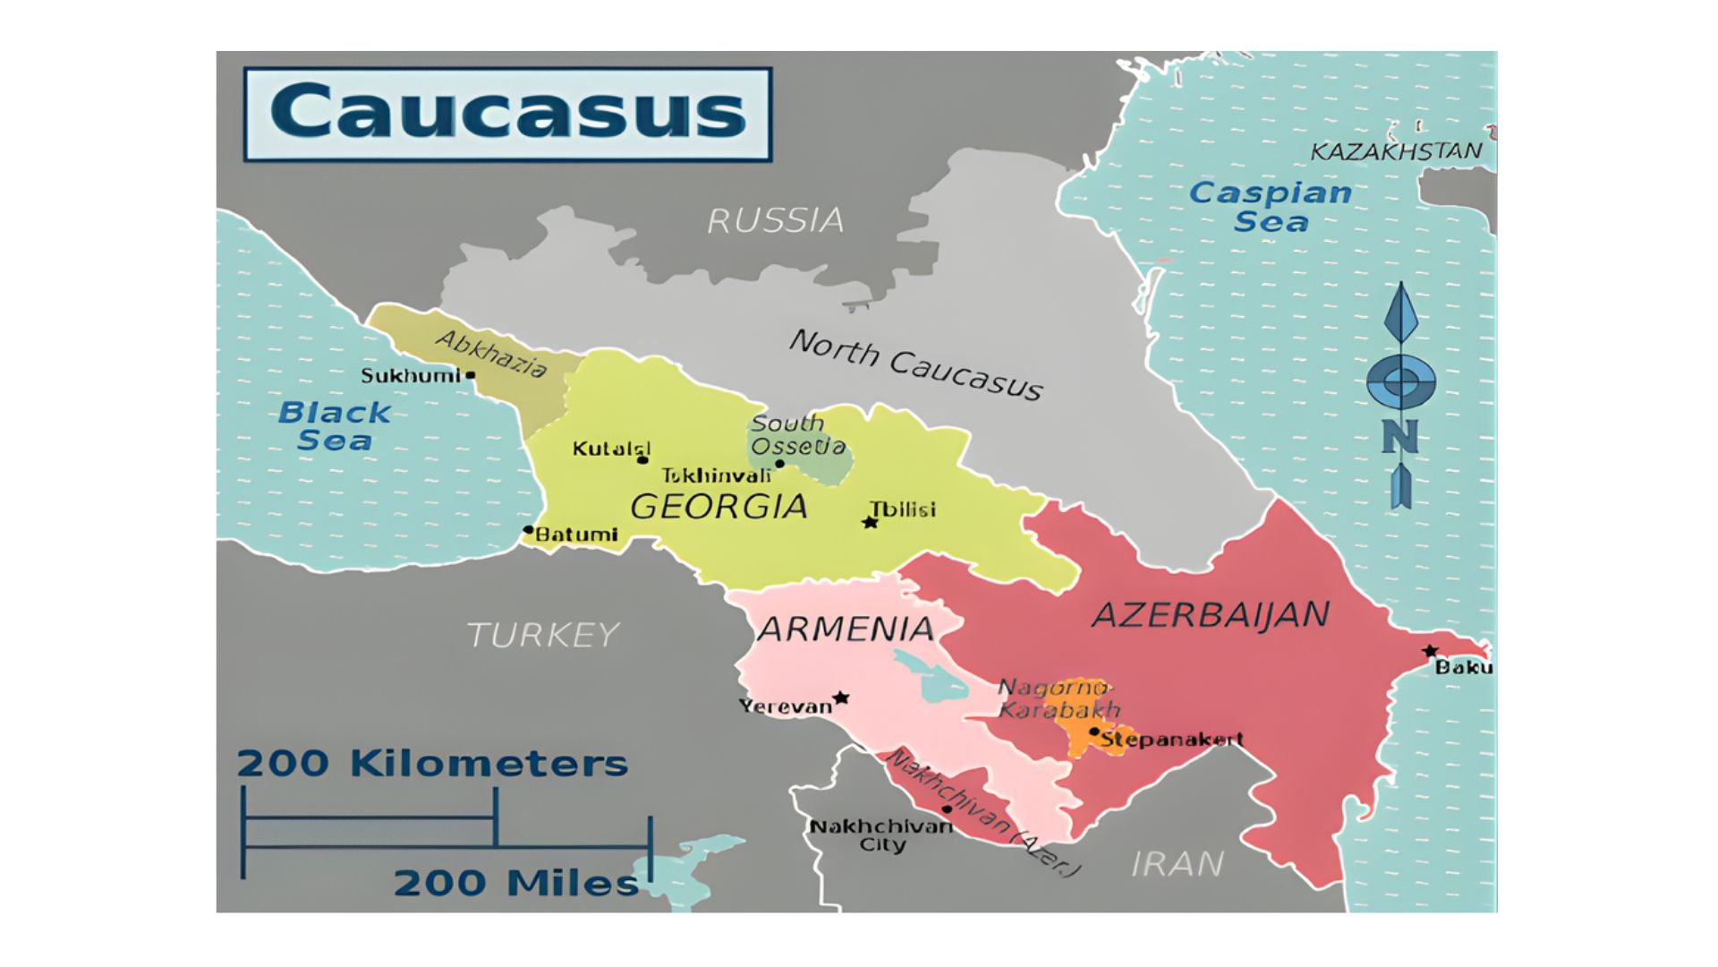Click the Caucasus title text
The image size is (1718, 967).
507,112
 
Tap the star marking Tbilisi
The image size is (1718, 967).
870,522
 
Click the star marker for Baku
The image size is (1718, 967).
1431,651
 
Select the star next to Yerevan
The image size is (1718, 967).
840,697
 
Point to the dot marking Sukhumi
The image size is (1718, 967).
471,375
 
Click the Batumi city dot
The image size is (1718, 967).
528,530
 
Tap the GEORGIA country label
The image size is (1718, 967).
719,507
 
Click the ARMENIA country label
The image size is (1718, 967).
846,629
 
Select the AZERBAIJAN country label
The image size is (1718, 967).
1211,615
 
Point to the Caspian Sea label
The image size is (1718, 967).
1271,206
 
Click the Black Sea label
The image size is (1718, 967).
334,426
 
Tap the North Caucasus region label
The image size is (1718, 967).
914,364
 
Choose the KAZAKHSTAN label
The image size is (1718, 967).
1396,151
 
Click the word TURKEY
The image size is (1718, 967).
543,635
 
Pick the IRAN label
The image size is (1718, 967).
1178,864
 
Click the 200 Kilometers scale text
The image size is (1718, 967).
432,764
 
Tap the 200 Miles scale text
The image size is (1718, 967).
516,883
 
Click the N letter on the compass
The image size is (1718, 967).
1400,437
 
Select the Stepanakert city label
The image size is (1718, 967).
1171,740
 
